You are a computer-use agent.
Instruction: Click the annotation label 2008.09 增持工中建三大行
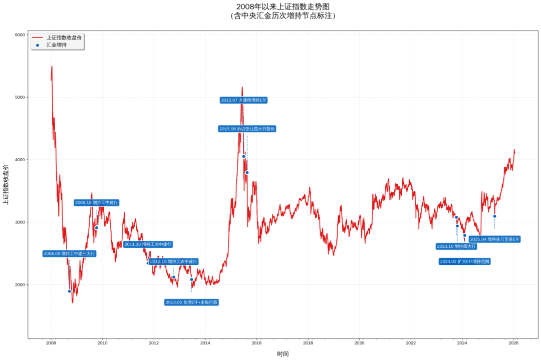click(69, 254)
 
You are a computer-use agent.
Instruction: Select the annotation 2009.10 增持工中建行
click(97, 203)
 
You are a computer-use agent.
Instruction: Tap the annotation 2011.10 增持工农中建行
click(148, 244)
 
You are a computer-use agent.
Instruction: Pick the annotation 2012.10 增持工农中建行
click(173, 261)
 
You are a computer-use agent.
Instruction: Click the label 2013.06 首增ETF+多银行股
click(192, 302)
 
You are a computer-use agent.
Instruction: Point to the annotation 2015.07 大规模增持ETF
click(244, 100)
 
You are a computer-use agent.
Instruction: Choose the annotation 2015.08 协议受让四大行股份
click(247, 129)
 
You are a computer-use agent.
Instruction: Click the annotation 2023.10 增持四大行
click(456, 246)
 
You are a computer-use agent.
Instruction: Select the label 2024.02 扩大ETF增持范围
click(464, 261)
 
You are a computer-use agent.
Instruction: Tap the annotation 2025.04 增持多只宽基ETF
click(495, 239)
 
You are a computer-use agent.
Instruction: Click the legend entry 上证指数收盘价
click(64, 38)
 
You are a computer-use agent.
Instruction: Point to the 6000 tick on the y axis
click(20, 35)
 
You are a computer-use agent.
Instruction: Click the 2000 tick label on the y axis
click(20, 284)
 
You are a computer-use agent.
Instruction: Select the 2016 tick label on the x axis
click(256, 343)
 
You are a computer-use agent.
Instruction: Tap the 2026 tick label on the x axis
click(513, 343)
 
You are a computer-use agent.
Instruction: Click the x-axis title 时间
click(283, 353)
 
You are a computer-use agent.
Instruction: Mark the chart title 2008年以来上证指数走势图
click(283, 7)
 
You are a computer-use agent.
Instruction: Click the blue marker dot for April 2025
click(494, 216)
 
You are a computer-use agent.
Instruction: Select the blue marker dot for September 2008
click(70, 291)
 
